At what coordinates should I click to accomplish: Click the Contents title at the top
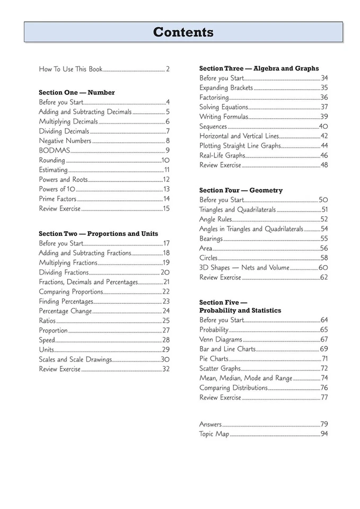click(x=183, y=32)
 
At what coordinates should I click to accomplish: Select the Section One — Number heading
click(x=76, y=92)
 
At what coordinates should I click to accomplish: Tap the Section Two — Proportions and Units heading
click(x=98, y=234)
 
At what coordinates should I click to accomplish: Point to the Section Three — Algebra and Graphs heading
click(x=259, y=68)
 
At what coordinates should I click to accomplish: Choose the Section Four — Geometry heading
click(x=241, y=190)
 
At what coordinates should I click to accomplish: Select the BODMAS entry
click(x=54, y=151)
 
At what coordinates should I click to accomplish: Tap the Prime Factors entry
click(x=58, y=199)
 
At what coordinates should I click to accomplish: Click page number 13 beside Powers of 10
click(x=166, y=189)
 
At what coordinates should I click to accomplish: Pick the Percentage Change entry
click(x=65, y=311)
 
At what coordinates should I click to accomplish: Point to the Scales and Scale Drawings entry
click(x=75, y=359)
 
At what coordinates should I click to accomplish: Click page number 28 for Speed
click(x=166, y=340)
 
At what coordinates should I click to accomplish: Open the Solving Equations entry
click(x=224, y=107)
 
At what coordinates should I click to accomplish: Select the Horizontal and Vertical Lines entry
click(x=239, y=136)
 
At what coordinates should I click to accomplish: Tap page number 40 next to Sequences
click(x=323, y=127)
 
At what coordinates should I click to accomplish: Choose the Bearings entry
click(x=211, y=239)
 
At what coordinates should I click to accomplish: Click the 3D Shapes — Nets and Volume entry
click(x=244, y=268)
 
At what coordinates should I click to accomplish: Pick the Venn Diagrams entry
click(x=221, y=339)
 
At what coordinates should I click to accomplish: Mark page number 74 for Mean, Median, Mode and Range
click(x=324, y=378)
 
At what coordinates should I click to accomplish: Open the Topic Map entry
click(x=214, y=434)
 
